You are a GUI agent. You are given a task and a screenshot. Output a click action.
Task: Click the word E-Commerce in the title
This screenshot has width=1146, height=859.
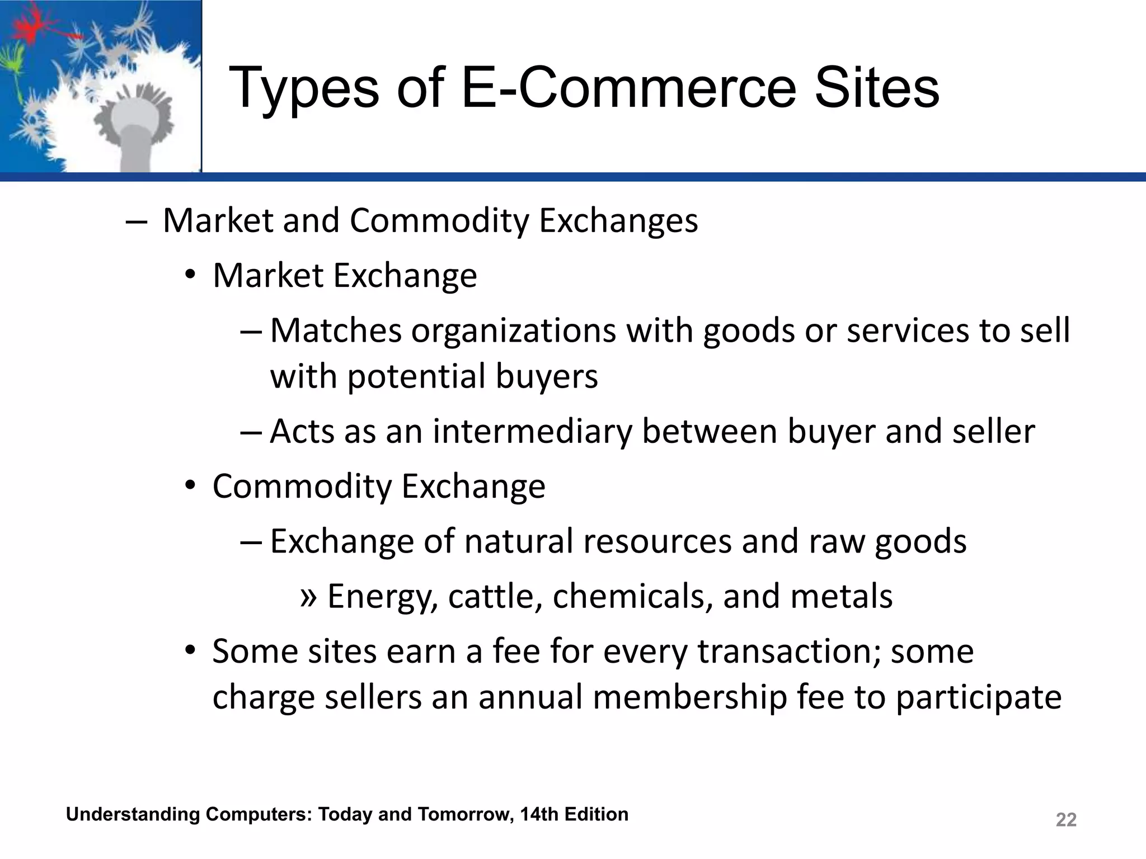click(x=629, y=88)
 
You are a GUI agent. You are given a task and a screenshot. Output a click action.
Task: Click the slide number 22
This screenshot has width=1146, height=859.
click(x=1066, y=820)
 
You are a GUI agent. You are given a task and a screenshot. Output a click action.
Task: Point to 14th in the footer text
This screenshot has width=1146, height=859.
click(x=539, y=814)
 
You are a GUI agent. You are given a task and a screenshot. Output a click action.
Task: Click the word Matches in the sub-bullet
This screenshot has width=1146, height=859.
click(x=336, y=331)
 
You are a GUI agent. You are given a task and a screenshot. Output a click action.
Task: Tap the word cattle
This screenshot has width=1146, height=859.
click(x=495, y=596)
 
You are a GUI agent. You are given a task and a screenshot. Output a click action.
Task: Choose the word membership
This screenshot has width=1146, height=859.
click(x=690, y=697)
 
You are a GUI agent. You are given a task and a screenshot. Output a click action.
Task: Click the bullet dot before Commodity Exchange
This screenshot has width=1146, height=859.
click(x=191, y=485)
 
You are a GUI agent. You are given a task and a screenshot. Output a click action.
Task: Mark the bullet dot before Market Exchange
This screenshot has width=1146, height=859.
click(x=191, y=275)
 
